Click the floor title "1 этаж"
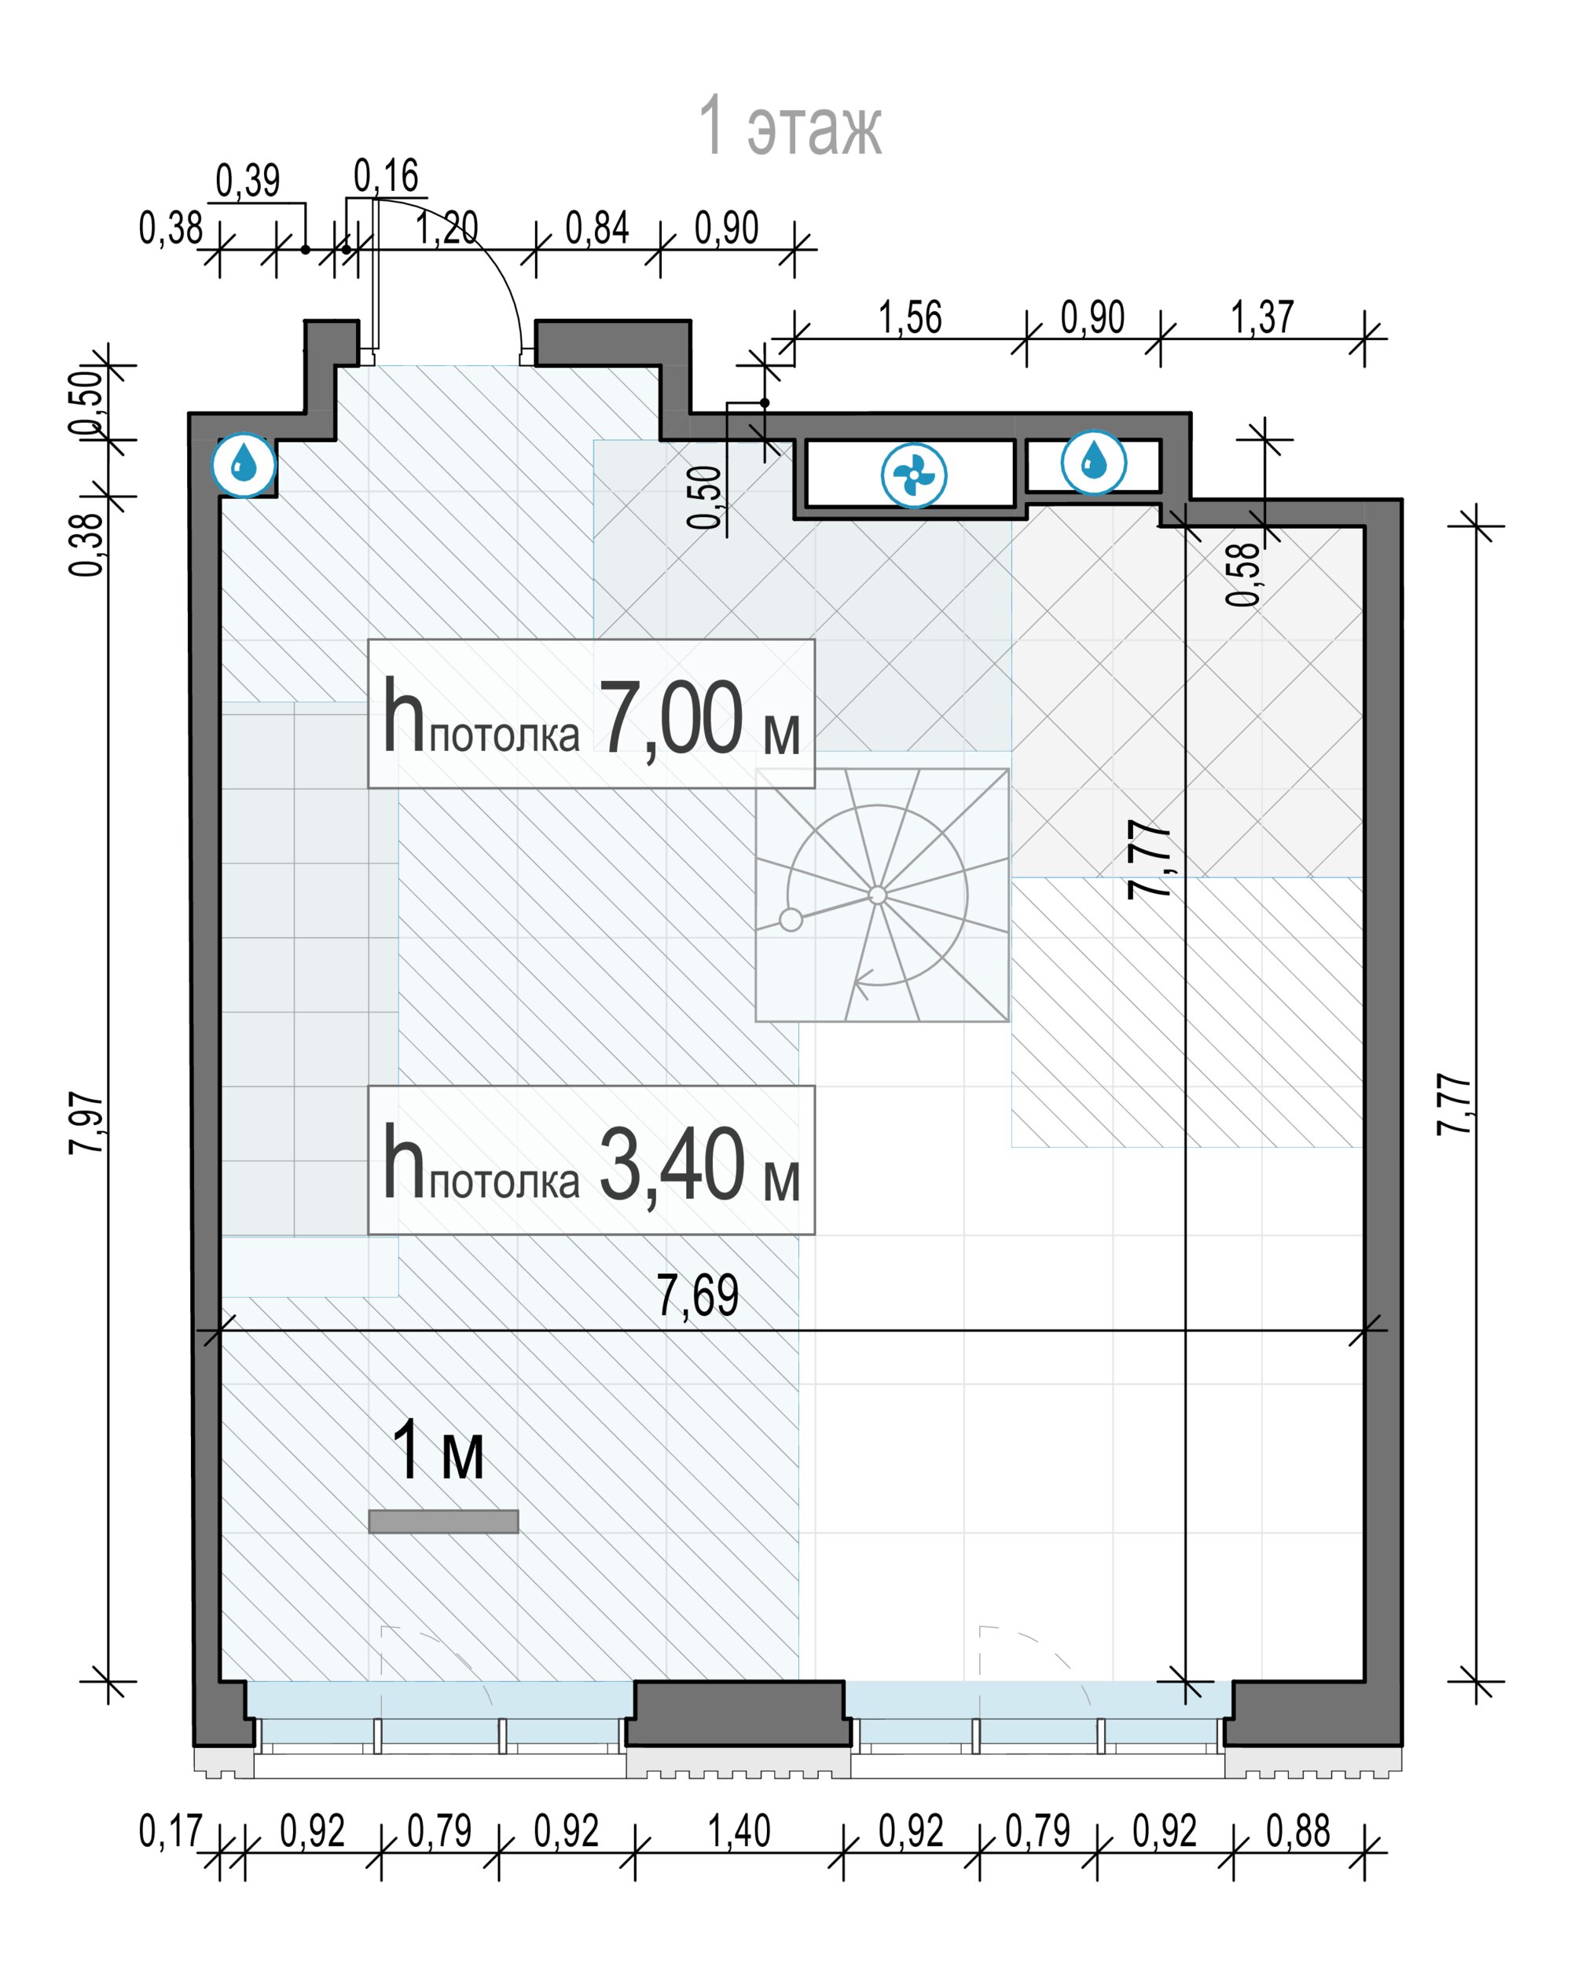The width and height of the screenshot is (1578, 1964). [790, 126]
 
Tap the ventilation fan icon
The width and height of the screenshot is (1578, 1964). [914, 475]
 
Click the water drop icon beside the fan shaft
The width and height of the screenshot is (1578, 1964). [1093, 463]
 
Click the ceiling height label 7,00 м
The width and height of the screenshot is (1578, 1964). [591, 714]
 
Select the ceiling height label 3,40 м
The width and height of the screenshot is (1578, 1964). [591, 1160]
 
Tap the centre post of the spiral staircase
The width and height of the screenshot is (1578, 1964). [877, 895]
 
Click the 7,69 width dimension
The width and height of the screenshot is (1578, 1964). [697, 1295]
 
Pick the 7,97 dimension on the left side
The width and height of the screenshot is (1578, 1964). [87, 1123]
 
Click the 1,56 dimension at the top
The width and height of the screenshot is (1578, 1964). [909, 318]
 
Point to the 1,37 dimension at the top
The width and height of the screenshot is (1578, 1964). [1262, 318]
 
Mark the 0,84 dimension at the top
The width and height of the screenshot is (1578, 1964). [596, 229]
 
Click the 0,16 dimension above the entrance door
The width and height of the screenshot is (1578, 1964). [385, 176]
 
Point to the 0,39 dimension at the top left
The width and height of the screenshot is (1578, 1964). [247, 181]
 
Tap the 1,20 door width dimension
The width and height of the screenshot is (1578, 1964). [446, 229]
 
